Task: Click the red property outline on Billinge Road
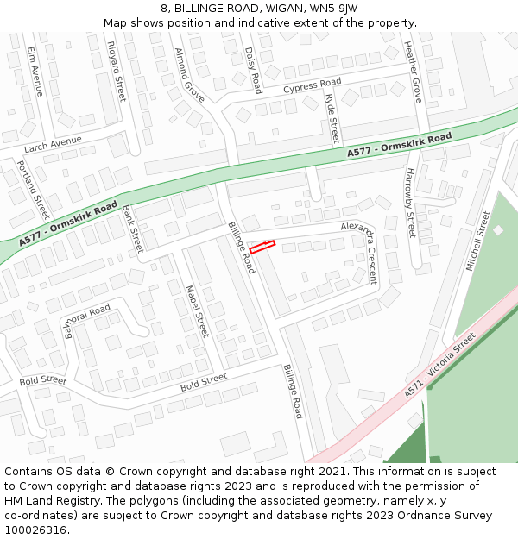262,248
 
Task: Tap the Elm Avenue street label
35,70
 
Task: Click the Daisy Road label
253,70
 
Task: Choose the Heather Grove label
413,72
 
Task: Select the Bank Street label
132,229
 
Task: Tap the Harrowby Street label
410,202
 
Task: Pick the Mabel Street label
198,310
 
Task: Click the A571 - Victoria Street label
439,366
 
